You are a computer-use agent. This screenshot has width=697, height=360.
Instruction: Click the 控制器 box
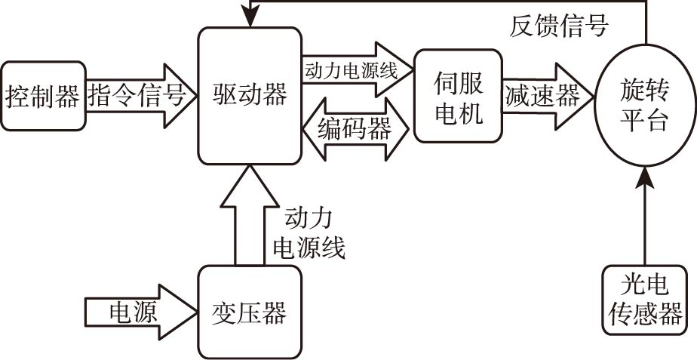coord(42,96)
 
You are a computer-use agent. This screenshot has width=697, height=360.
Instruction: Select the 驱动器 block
coord(249,96)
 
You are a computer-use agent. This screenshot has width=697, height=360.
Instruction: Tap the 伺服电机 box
coord(458,96)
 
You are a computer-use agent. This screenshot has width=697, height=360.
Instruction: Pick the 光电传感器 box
coord(645,299)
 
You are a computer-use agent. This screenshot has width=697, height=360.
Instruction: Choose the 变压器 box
coord(249,312)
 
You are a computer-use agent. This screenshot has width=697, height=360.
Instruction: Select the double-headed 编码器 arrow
coord(355,129)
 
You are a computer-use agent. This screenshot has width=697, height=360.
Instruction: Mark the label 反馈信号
coord(559,28)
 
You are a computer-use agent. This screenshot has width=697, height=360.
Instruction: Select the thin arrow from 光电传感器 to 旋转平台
coord(645,219)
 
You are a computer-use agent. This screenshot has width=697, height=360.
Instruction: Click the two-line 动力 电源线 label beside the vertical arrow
coord(309,233)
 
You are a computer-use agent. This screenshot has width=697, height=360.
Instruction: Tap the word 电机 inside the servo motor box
coord(458,115)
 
